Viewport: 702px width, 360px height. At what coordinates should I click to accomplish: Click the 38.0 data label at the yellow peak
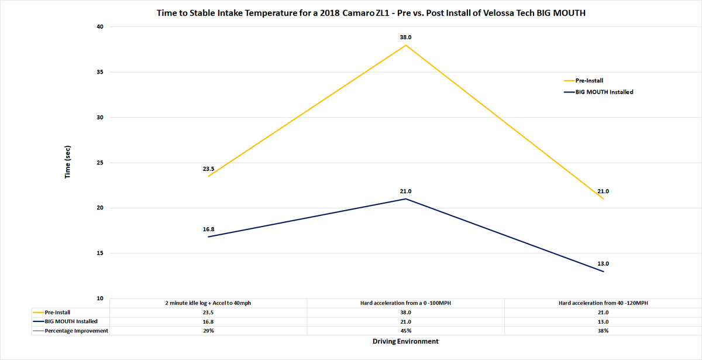point(406,37)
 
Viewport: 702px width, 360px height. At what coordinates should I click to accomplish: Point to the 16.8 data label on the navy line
point(209,230)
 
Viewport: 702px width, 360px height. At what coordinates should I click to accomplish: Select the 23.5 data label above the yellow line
point(209,169)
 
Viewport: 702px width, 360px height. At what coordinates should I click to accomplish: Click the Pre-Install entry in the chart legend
point(589,81)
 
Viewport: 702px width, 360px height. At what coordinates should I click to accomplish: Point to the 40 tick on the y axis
point(99,27)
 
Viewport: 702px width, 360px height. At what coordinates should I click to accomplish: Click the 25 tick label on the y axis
point(99,163)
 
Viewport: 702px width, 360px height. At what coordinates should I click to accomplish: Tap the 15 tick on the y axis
point(99,253)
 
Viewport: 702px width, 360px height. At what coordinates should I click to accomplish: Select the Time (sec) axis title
point(68,162)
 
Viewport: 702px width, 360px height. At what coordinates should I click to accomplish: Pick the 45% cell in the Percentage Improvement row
point(406,331)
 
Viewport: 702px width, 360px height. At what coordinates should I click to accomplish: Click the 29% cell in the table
point(209,331)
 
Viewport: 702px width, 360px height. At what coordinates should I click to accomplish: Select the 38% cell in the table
point(603,331)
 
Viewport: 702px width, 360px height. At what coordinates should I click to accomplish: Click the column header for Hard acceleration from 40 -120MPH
point(603,303)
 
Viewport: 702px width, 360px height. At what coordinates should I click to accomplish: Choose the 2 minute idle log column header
point(209,303)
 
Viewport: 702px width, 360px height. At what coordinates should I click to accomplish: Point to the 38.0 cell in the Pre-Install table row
point(406,313)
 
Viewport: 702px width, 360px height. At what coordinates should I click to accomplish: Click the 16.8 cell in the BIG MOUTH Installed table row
point(209,321)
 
